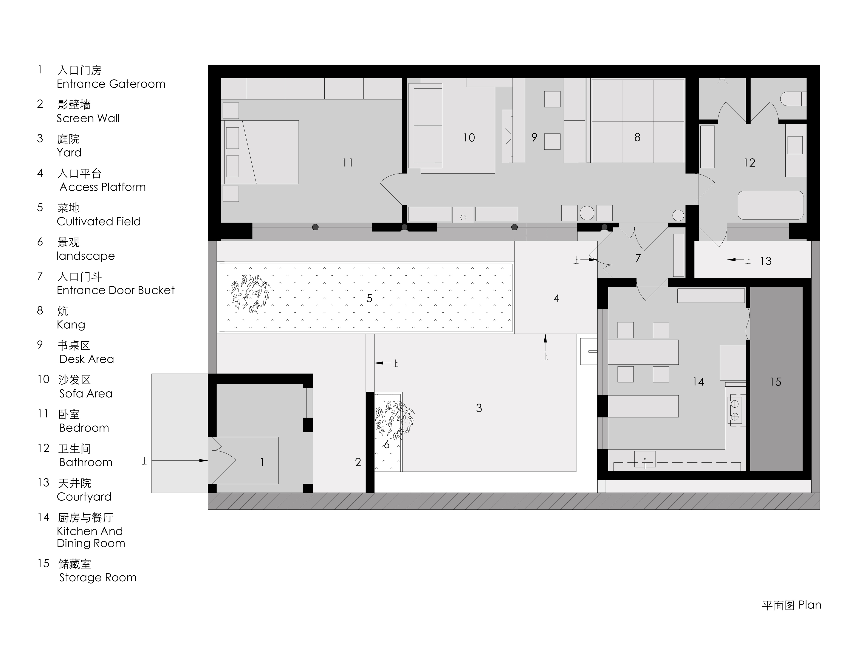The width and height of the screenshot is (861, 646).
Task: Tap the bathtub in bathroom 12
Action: [770, 205]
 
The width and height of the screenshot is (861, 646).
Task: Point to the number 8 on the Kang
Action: [637, 137]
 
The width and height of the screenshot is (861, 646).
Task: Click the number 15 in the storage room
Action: [775, 382]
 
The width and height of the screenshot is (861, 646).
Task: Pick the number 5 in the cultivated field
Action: [369, 298]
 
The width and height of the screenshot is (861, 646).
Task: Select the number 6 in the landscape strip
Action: [387, 445]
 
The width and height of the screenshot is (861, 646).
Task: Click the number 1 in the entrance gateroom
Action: [262, 462]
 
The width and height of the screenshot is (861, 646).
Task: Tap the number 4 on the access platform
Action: [557, 298]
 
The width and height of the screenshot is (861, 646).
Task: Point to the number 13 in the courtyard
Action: [766, 261]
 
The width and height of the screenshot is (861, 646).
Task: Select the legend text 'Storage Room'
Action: [98, 578]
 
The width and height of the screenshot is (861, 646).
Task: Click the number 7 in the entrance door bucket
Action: [638, 258]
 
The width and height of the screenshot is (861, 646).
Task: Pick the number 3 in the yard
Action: [479, 408]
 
